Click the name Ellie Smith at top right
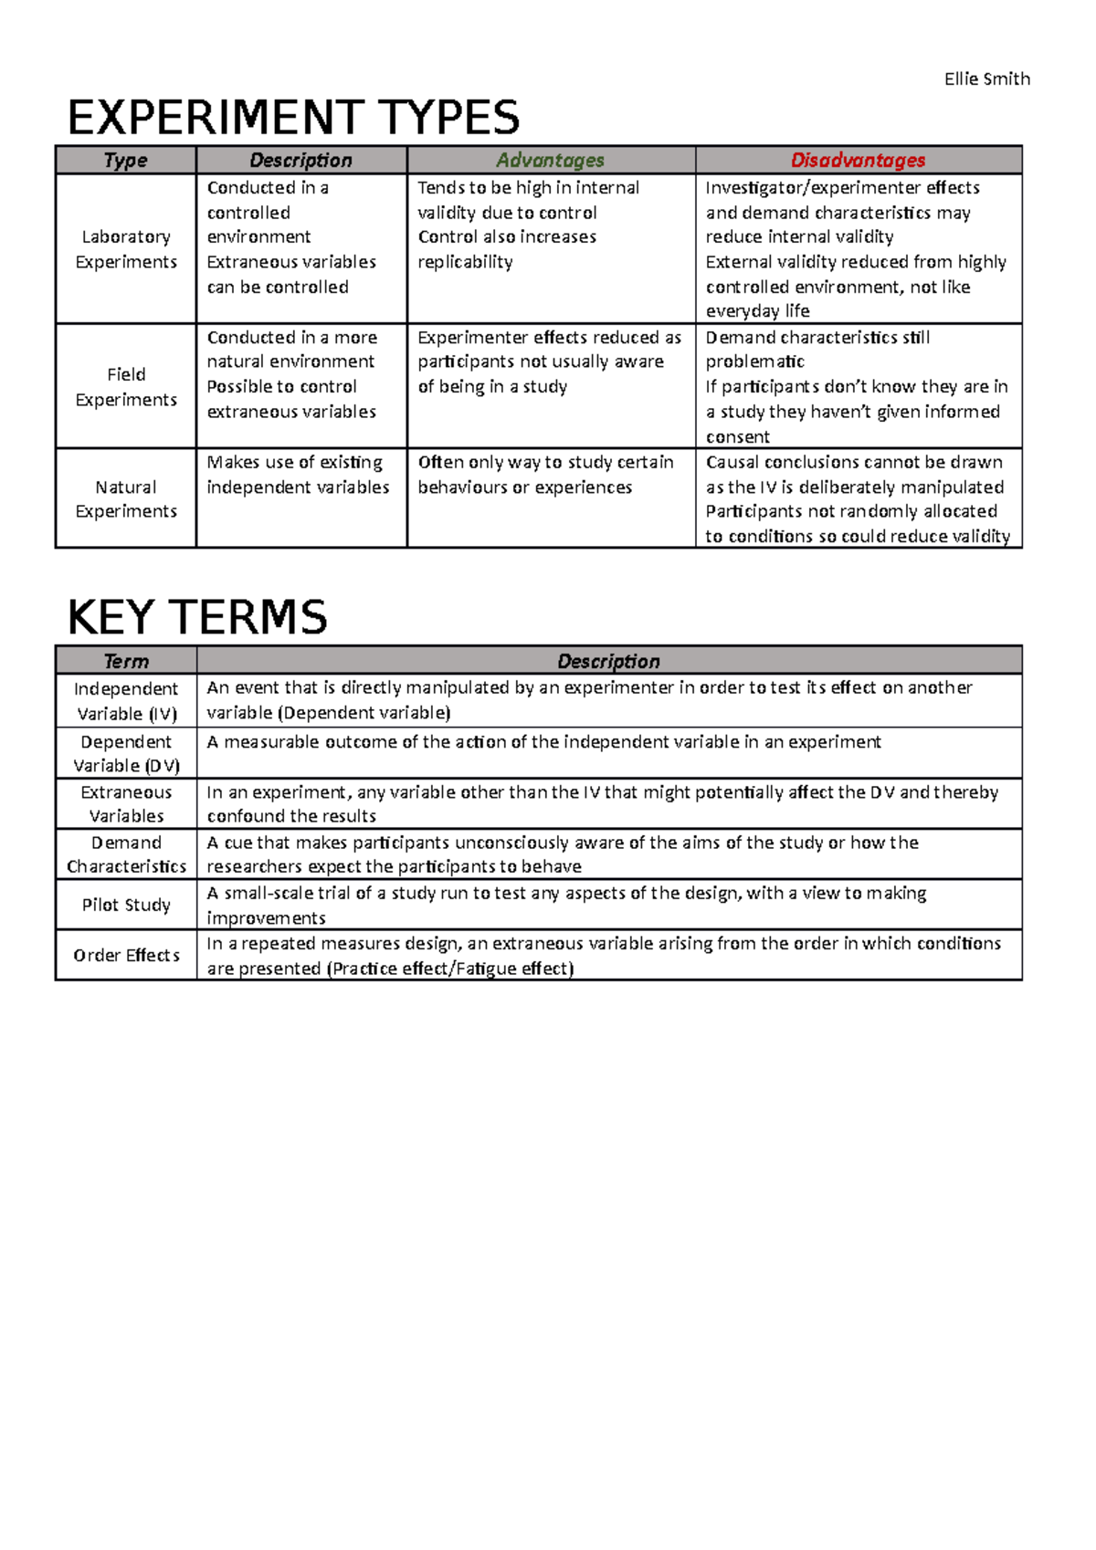tap(986, 79)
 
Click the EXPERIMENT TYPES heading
tap(293, 118)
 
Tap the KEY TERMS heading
tap(197, 617)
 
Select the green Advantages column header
tap(550, 161)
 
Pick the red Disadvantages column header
tap(858, 161)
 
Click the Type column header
tap(126, 161)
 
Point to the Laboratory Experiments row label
tap(126, 249)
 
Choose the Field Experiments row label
tap(126, 387)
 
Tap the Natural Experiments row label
tap(126, 499)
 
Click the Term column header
tap(126, 661)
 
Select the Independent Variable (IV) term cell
tap(126, 701)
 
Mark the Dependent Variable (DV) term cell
tap(126, 753)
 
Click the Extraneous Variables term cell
tap(126, 804)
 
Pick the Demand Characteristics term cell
tap(126, 854)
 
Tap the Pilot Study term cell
tap(126, 905)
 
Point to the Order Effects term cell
tap(126, 955)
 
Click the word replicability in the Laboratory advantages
tap(465, 263)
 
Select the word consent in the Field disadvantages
tap(737, 437)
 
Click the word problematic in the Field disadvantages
tap(754, 362)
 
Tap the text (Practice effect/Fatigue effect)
tap(449, 969)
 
